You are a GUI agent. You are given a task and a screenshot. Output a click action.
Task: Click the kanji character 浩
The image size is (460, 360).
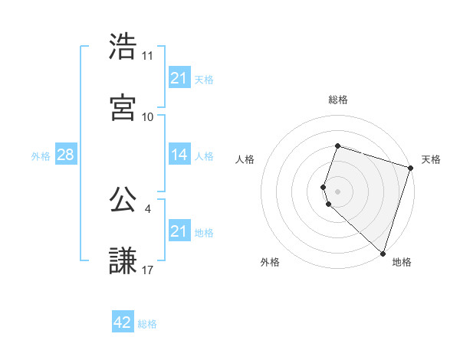(x=123, y=47)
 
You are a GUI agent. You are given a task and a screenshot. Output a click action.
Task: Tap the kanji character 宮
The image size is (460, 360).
(x=123, y=107)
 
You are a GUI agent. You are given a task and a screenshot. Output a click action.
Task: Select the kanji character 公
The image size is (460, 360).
(x=123, y=200)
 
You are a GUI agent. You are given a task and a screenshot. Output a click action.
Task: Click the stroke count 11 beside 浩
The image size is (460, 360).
(x=148, y=56)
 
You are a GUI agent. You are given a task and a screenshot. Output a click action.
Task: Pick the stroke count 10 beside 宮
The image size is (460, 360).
(x=148, y=116)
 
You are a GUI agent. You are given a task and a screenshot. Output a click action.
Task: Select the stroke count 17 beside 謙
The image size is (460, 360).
(x=148, y=270)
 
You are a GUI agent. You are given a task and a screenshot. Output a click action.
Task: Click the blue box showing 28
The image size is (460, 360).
(x=65, y=155)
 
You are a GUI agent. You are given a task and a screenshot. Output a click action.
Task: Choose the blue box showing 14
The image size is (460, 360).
(x=179, y=155)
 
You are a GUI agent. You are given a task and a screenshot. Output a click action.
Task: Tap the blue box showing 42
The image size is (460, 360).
(x=123, y=323)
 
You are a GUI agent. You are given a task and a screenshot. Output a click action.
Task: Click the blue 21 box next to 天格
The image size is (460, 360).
(x=179, y=78)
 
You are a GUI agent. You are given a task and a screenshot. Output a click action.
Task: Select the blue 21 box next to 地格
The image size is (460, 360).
(x=179, y=231)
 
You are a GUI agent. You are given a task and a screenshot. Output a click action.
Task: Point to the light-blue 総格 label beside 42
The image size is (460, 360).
(x=147, y=324)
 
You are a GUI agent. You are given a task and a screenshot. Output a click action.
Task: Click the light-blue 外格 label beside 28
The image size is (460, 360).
(x=41, y=155)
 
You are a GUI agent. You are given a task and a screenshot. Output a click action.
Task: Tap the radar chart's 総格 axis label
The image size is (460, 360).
(x=338, y=100)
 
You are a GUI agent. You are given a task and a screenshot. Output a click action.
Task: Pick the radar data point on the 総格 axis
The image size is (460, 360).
(x=338, y=146)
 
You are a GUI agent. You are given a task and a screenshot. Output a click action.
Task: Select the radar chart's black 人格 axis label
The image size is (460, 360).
(x=245, y=159)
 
